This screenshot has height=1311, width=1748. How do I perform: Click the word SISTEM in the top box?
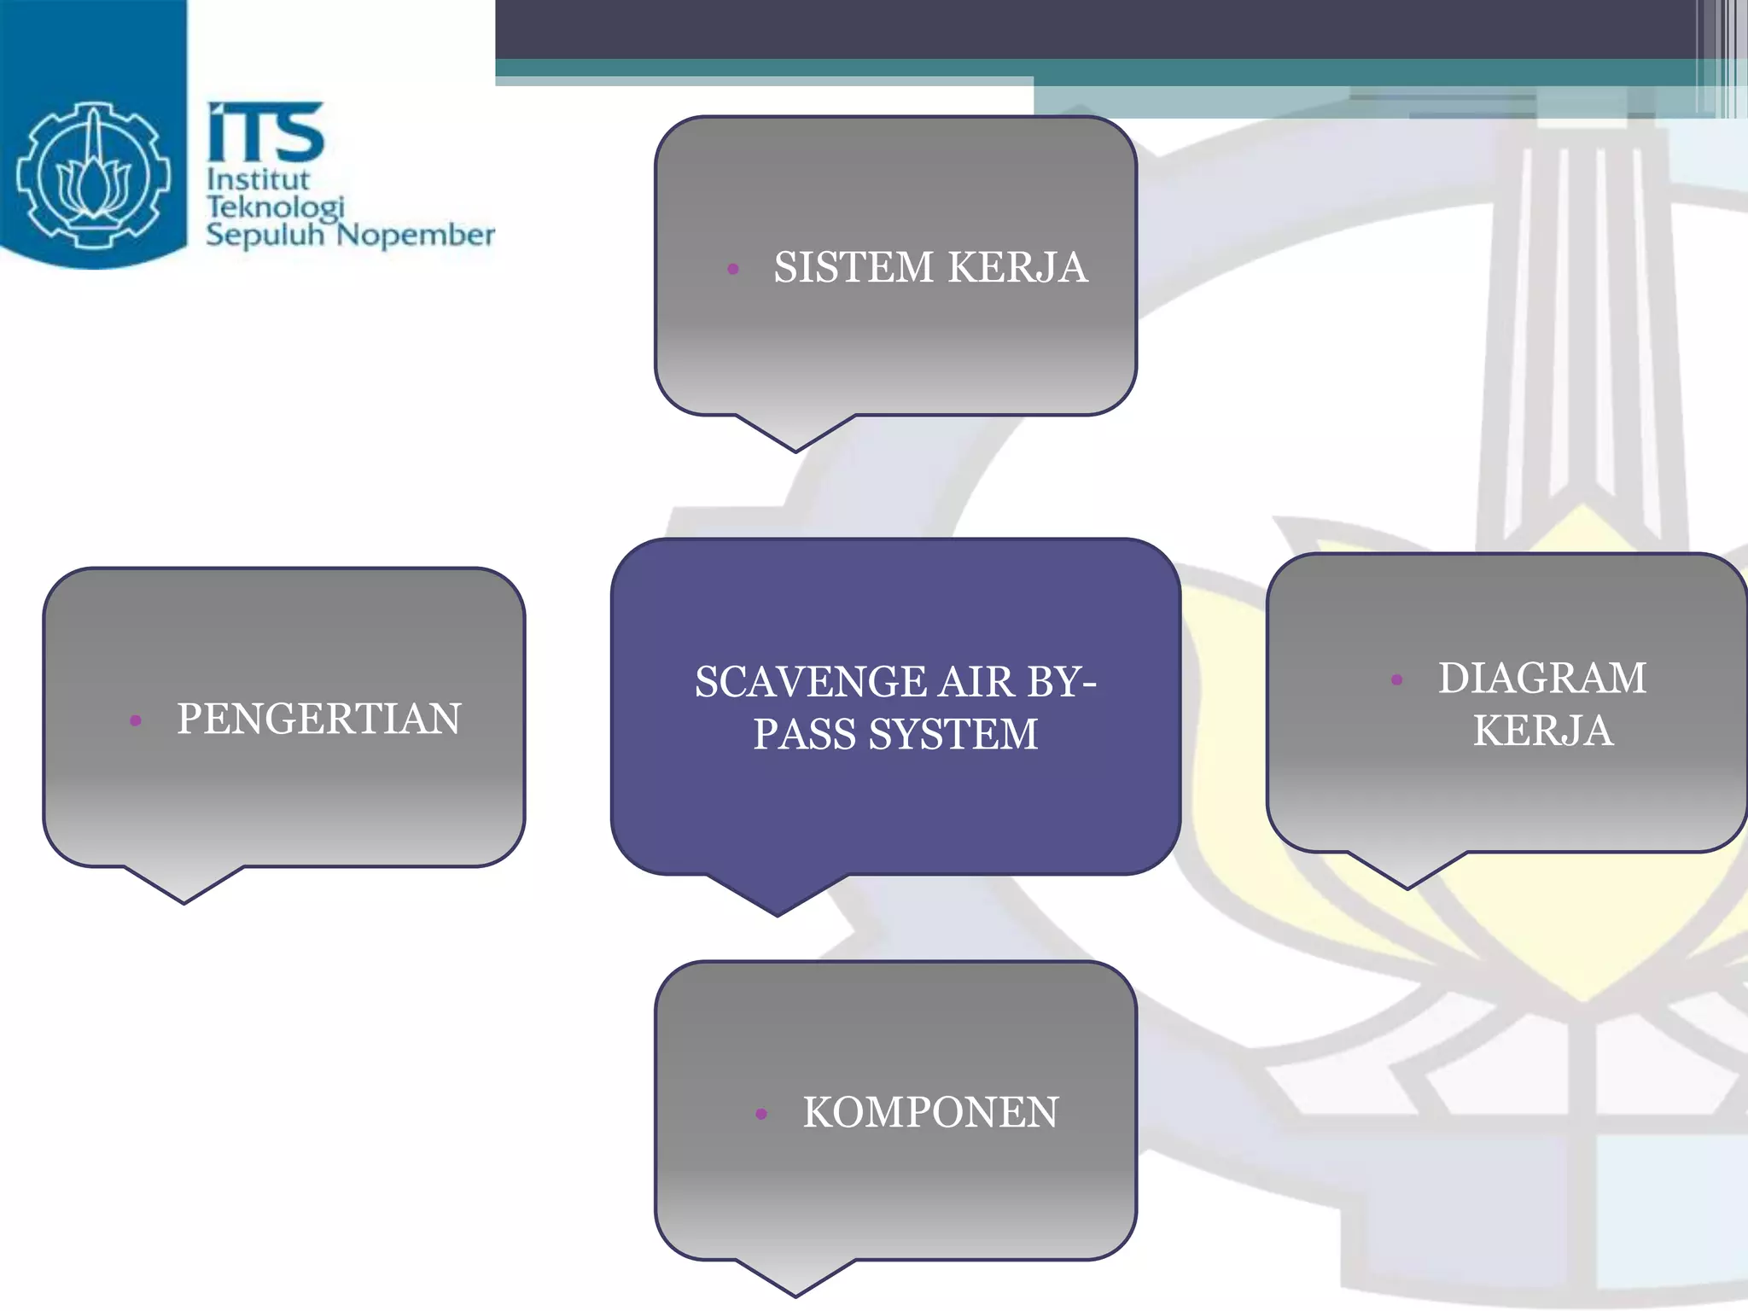854,267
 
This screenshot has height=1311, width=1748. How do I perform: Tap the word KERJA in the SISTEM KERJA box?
1017,267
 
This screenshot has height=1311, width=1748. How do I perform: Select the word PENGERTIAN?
319,719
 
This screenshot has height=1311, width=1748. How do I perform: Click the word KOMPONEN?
930,1113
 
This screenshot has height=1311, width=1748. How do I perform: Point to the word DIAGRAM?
1542,679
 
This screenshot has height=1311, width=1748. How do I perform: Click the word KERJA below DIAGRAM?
1543,731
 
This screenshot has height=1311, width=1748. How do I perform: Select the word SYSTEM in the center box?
953,735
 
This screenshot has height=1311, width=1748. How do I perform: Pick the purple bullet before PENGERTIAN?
135,720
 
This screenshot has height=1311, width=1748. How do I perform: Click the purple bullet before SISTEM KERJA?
732,270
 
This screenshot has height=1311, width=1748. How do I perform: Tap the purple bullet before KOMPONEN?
761,1114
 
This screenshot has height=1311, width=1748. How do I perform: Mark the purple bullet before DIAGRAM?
1396,680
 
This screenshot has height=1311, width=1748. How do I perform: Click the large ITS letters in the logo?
265,132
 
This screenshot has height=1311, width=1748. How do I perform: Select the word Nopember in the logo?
416,235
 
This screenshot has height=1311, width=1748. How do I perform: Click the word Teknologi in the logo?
275,207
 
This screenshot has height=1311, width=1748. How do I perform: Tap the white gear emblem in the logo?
93,175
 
